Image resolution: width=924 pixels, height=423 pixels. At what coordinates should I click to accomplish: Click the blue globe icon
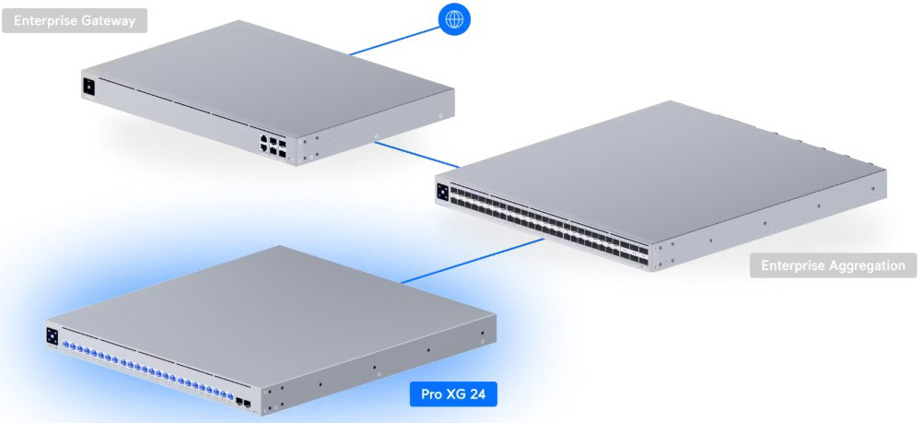coord(454,19)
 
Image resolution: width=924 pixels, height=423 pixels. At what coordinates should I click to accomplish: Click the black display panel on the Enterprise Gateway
coord(88,87)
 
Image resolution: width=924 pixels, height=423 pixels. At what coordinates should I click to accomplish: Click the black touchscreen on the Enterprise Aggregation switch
coord(442,192)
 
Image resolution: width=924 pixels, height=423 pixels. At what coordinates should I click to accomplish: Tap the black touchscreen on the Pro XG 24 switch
coord(52,335)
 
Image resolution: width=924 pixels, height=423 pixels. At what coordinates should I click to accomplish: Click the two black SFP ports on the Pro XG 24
coord(243,404)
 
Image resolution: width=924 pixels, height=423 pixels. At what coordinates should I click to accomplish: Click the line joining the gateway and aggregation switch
coord(416,154)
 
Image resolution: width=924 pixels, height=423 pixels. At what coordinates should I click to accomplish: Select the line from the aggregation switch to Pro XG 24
coord(472,261)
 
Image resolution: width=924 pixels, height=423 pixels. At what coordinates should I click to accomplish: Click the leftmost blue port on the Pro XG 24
coord(66,346)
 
